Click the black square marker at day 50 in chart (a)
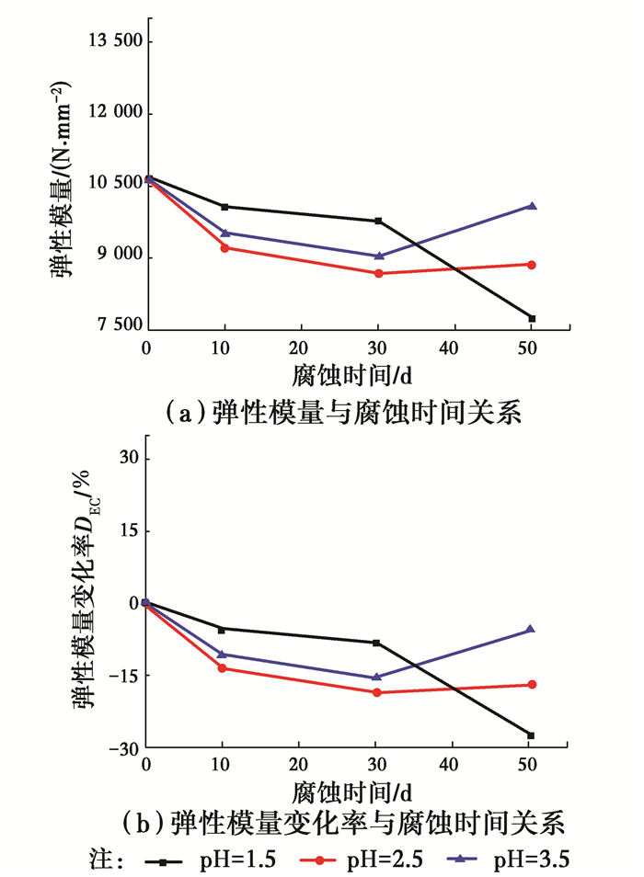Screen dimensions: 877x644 [x=532, y=318]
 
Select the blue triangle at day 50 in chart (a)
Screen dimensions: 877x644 [x=531, y=206]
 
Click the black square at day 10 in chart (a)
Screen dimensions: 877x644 [x=224, y=207]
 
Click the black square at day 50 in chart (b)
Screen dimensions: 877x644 [x=531, y=735]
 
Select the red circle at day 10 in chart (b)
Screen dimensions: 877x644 [x=223, y=667]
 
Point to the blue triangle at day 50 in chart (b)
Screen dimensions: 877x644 [x=531, y=629]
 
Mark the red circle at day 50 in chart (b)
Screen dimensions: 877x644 [x=531, y=685]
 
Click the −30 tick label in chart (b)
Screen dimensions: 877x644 [x=121, y=749]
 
